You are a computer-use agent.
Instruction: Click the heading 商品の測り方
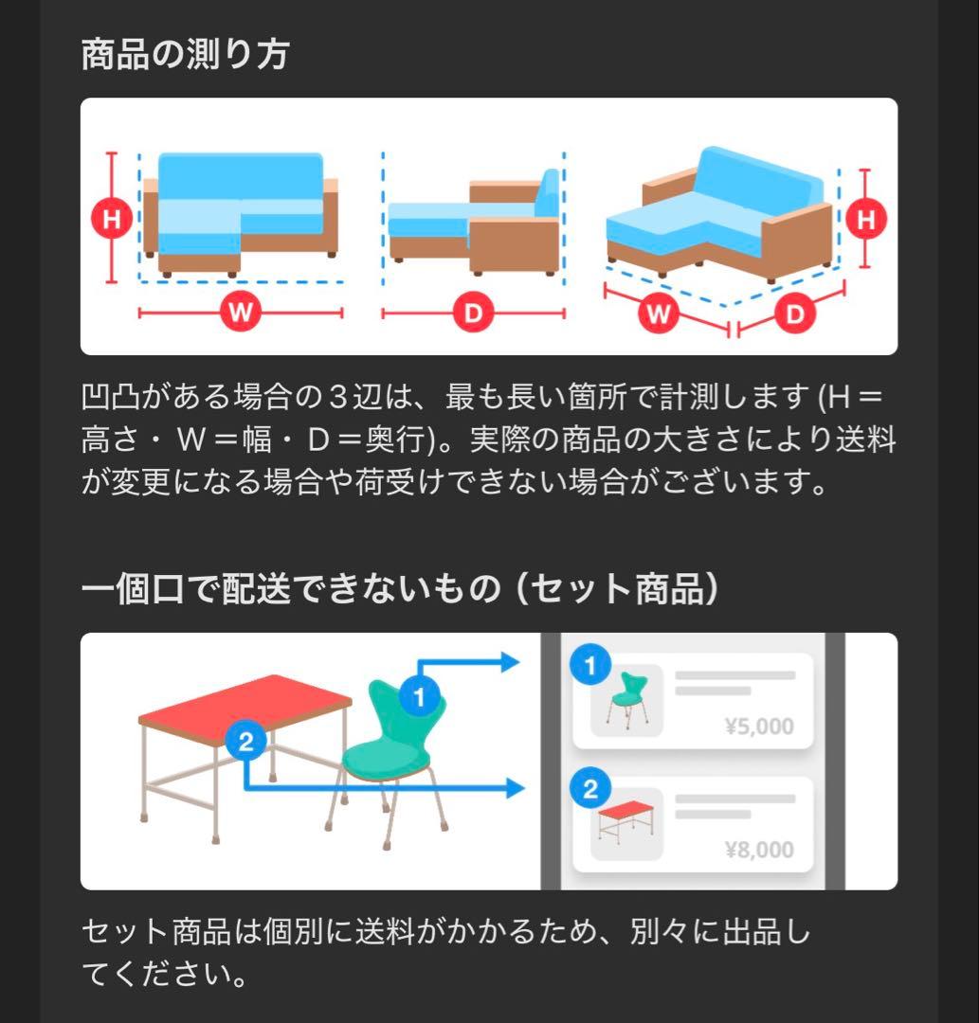click(185, 54)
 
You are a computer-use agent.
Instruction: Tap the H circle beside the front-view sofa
click(112, 220)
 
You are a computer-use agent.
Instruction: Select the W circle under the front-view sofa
click(241, 312)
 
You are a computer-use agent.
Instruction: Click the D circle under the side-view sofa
click(472, 312)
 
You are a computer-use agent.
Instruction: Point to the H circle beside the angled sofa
click(864, 220)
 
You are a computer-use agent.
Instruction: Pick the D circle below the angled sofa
click(794, 313)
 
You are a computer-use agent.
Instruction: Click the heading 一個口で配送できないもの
click(289, 589)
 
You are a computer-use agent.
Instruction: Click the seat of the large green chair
click(384, 756)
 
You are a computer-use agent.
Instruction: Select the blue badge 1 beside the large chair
click(418, 699)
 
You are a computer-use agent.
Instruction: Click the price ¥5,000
click(758, 727)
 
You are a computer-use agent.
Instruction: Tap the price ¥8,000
click(758, 850)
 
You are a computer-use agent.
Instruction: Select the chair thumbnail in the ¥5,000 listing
click(626, 702)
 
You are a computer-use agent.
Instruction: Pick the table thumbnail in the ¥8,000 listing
click(626, 824)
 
